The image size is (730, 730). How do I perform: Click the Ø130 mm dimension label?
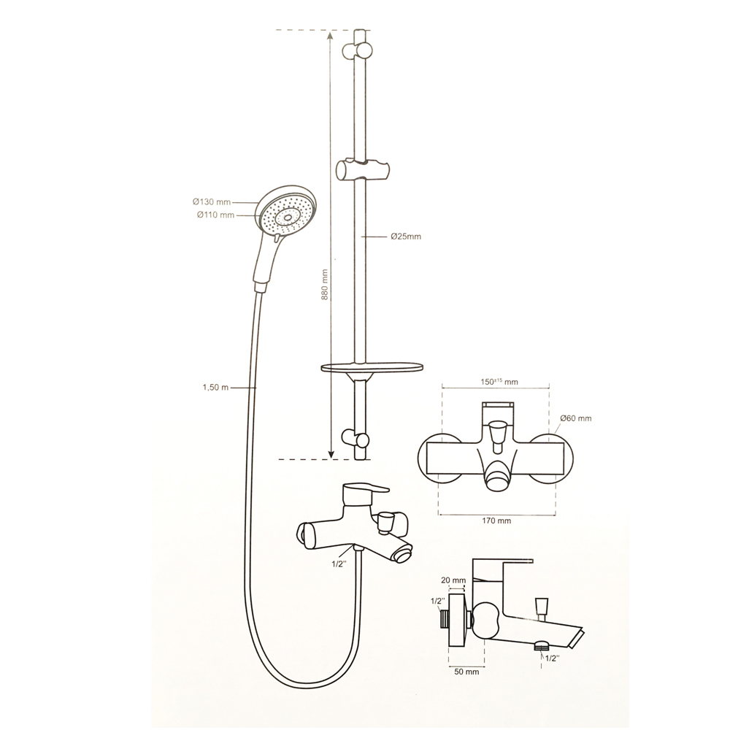click(x=212, y=202)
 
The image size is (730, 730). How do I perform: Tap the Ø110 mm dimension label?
click(x=215, y=215)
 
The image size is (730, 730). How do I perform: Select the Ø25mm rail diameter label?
click(x=406, y=237)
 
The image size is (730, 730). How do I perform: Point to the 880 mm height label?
click(x=325, y=285)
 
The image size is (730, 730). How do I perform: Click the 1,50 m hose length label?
click(x=215, y=388)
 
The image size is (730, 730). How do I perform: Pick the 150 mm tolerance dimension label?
click(x=499, y=381)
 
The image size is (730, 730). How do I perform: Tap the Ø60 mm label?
click(x=576, y=418)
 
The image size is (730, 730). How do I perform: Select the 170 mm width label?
click(x=496, y=520)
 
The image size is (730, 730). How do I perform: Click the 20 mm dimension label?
click(x=453, y=580)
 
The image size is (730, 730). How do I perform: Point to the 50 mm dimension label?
click(x=466, y=672)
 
